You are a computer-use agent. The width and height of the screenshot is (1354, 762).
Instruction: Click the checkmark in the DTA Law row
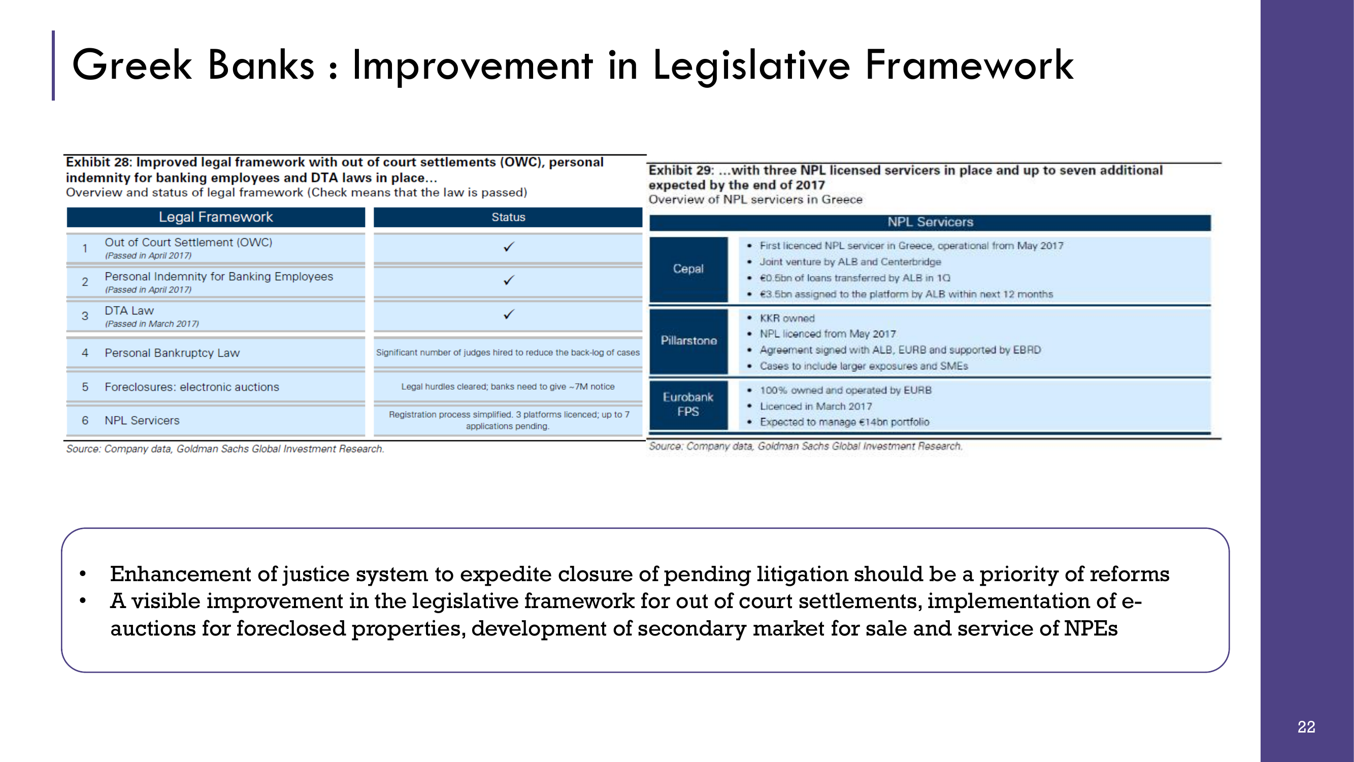508,314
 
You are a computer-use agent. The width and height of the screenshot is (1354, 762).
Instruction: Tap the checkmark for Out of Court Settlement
508,247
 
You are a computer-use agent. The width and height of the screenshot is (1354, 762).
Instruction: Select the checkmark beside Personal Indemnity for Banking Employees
508,280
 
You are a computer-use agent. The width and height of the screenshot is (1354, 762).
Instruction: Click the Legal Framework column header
215,217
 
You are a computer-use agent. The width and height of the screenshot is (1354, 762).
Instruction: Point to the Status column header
508,217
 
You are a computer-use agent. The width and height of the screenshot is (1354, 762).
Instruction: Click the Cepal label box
688,269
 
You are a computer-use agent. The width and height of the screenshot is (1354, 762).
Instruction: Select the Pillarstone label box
688,341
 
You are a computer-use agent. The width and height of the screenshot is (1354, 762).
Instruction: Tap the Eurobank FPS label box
688,405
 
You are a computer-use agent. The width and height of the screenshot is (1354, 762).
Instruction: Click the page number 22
1306,727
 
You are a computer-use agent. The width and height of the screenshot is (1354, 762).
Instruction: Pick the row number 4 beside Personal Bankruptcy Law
85,353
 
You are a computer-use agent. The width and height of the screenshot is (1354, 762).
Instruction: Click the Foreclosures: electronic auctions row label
192,387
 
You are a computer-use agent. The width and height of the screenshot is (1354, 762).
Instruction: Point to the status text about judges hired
508,353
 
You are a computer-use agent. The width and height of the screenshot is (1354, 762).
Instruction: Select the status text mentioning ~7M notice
508,387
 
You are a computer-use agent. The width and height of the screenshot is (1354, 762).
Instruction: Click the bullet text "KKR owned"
787,318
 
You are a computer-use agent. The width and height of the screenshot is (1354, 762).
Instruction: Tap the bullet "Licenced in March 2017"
816,406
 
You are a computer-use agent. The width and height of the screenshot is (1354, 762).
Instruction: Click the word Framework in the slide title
969,65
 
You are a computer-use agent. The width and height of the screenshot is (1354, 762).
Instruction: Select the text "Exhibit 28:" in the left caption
99,162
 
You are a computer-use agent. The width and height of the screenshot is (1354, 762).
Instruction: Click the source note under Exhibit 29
806,446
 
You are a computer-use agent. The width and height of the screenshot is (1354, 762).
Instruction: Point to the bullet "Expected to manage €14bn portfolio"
845,422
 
